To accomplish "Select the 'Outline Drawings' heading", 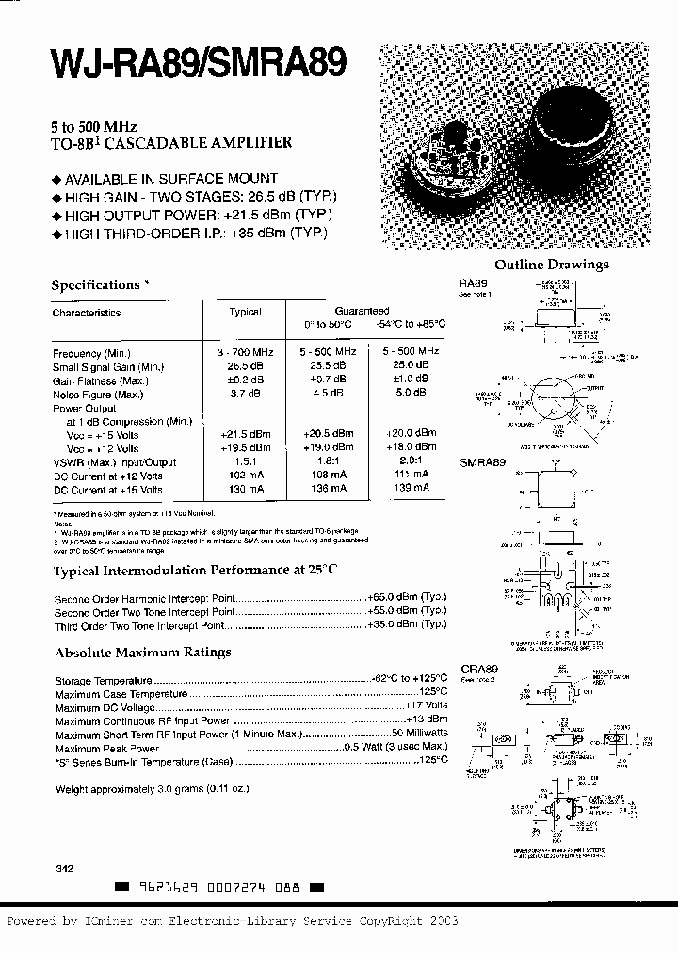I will pyautogui.click(x=551, y=265).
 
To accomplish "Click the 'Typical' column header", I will pyautogui.click(x=245, y=312).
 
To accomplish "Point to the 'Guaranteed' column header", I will pyautogui.click(x=362, y=310).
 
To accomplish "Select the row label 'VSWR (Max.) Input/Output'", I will pyautogui.click(x=114, y=462).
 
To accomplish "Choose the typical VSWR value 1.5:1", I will pyautogui.click(x=246, y=462).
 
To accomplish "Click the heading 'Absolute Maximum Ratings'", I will pyautogui.click(x=142, y=652).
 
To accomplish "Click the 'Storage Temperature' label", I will pyautogui.click(x=103, y=681).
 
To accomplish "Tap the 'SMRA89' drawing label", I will pyautogui.click(x=482, y=464).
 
